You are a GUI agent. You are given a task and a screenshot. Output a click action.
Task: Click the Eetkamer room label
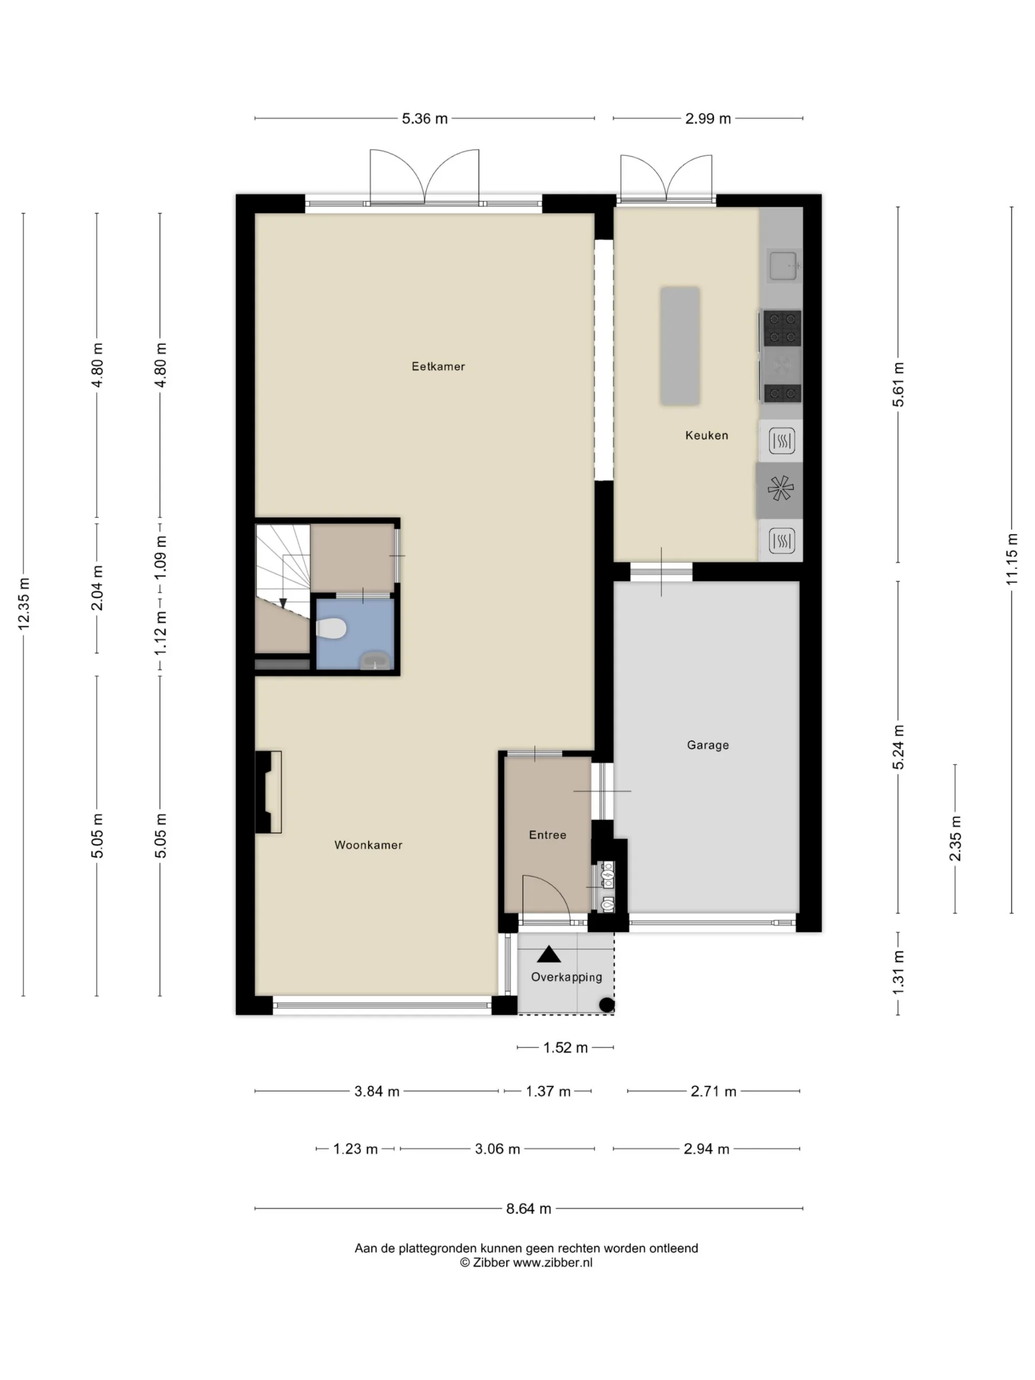tap(438, 366)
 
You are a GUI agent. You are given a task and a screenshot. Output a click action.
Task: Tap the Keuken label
tap(706, 436)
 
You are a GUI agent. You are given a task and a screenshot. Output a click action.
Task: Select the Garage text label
tap(707, 745)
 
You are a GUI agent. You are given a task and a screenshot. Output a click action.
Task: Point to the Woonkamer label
tap(368, 845)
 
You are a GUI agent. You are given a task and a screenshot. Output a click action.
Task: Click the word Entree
tap(547, 834)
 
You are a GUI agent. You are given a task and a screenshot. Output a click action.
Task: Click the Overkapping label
tap(567, 977)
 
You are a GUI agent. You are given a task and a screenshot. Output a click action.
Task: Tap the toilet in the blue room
tap(330, 628)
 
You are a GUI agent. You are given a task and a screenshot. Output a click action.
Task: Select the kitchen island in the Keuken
tap(680, 346)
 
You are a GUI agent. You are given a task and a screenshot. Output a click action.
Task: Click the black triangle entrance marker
tap(548, 954)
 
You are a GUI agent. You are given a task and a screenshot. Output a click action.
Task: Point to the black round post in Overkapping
tap(606, 1004)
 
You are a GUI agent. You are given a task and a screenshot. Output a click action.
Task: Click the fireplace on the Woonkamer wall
tap(268, 792)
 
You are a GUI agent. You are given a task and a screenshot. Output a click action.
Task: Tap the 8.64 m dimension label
tap(528, 1209)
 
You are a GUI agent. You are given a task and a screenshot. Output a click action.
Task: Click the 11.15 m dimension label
tap(1011, 559)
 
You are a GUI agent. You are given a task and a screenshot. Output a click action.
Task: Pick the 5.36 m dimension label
tap(424, 119)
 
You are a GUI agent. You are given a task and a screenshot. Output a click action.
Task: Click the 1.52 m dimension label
tap(565, 1047)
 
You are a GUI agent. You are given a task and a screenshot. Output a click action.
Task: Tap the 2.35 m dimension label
tap(955, 838)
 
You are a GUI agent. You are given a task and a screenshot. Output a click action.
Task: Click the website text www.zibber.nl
tap(552, 1262)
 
